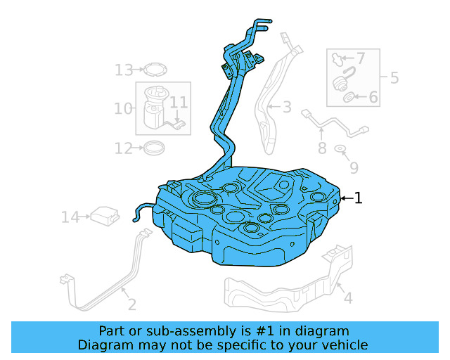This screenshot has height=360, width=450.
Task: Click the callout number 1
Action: click(359, 198)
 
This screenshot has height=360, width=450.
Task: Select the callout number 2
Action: click(131, 304)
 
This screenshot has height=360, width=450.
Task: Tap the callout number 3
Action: click(287, 108)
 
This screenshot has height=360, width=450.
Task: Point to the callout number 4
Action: click(347, 298)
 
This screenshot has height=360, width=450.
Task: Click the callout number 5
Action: click(394, 77)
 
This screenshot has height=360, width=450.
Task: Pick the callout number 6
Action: click(373, 97)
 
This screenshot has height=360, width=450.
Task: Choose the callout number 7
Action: click(360, 58)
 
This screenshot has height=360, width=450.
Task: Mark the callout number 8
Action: click(322, 148)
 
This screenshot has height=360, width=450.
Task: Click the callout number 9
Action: click(354, 167)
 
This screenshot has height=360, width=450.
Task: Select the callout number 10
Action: click(123, 108)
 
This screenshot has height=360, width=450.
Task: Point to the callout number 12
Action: click(123, 148)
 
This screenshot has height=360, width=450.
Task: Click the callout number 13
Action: click(124, 70)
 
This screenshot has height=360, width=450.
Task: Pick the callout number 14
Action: click(70, 217)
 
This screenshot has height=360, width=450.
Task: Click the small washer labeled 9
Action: click(340, 149)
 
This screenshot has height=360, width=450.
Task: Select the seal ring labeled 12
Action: click(154, 148)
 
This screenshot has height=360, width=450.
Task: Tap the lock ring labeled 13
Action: click(156, 69)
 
